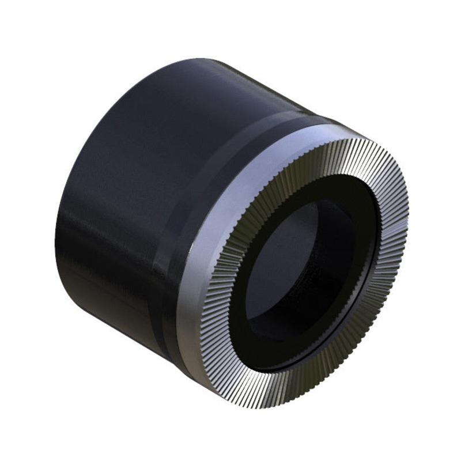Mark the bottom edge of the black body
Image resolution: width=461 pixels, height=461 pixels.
click(115, 323)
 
